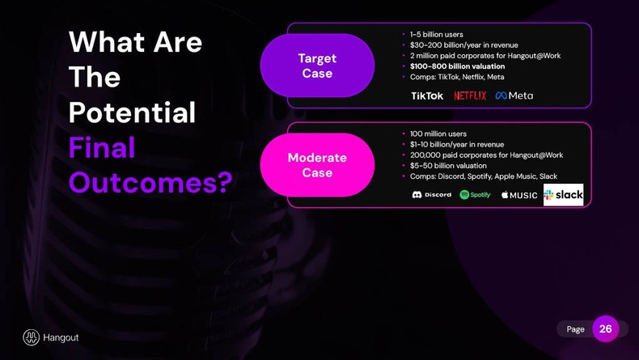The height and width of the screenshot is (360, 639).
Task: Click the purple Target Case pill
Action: pyautogui.click(x=317, y=66)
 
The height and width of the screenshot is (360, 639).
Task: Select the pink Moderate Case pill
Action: pyautogui.click(x=317, y=165)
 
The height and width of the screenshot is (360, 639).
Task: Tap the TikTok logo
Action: pyautogui.click(x=427, y=95)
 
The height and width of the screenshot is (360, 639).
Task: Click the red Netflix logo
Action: pyautogui.click(x=470, y=95)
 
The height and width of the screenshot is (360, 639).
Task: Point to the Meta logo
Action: pyautogui.click(x=514, y=95)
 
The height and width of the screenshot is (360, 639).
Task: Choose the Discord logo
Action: pyautogui.click(x=432, y=195)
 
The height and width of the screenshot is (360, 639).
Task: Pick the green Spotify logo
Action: pyautogui.click(x=475, y=195)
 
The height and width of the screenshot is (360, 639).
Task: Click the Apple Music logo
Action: pyautogui.click(x=518, y=195)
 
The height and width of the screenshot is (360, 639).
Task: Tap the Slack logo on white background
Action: pyautogui.click(x=563, y=195)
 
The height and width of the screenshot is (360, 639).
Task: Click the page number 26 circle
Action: pyautogui.click(x=605, y=329)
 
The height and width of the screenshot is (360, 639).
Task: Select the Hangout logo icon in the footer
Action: pyautogui.click(x=32, y=337)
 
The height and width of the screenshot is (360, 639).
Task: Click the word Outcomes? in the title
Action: pyautogui.click(x=150, y=182)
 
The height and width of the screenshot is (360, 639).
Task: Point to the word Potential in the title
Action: pyautogui.click(x=132, y=112)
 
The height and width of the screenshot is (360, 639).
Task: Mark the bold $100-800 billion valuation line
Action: pyautogui.click(x=457, y=66)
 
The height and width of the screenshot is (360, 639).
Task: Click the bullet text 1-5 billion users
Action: pyautogui.click(x=436, y=35)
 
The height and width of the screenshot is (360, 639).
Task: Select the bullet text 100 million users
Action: pyautogui.click(x=438, y=133)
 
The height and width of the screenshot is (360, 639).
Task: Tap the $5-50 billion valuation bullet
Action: pyautogui.click(x=448, y=166)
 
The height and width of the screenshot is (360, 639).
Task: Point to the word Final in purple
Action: pyautogui.click(x=102, y=147)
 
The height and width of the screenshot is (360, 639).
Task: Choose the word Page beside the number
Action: pyautogui.click(x=575, y=329)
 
